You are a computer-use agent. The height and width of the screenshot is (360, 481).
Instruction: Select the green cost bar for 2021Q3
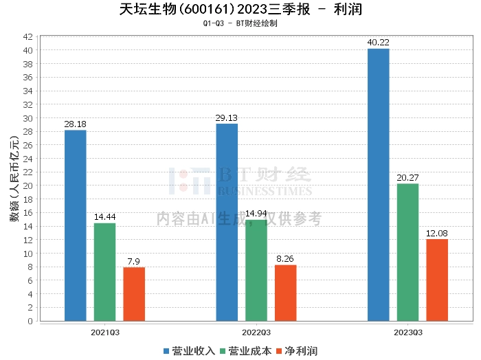click(x=104, y=272)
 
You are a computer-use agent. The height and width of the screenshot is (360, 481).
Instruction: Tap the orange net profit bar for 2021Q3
click(x=134, y=294)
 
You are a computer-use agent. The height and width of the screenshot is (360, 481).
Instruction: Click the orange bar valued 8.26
click(x=286, y=293)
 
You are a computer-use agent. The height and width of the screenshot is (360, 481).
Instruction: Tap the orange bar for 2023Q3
click(x=437, y=280)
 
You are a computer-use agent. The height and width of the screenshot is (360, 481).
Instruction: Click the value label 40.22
click(x=378, y=43)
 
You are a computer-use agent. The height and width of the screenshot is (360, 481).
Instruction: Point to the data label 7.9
click(x=134, y=262)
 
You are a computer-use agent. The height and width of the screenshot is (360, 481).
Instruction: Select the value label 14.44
click(x=104, y=217)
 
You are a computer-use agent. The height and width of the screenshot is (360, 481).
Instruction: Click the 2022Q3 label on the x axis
click(x=256, y=332)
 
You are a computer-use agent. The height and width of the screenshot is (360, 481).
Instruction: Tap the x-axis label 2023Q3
click(x=407, y=332)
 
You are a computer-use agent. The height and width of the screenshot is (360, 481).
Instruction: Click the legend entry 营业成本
click(x=245, y=351)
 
